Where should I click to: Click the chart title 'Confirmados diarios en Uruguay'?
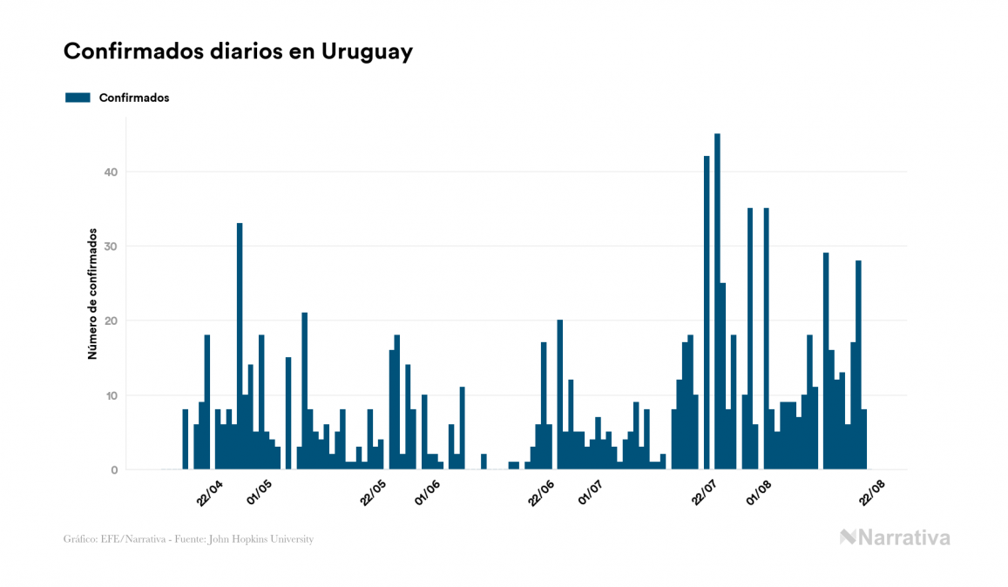point(238,51)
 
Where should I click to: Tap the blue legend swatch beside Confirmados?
point(78,98)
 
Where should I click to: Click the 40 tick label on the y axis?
point(110,172)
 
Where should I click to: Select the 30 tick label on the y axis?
point(110,246)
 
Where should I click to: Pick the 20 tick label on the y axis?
point(110,321)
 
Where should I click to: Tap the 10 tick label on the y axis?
point(110,395)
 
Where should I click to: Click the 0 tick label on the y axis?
point(113,470)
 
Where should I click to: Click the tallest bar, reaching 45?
point(717,301)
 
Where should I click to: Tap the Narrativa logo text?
point(903,537)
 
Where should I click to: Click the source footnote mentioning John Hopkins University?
point(188,539)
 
